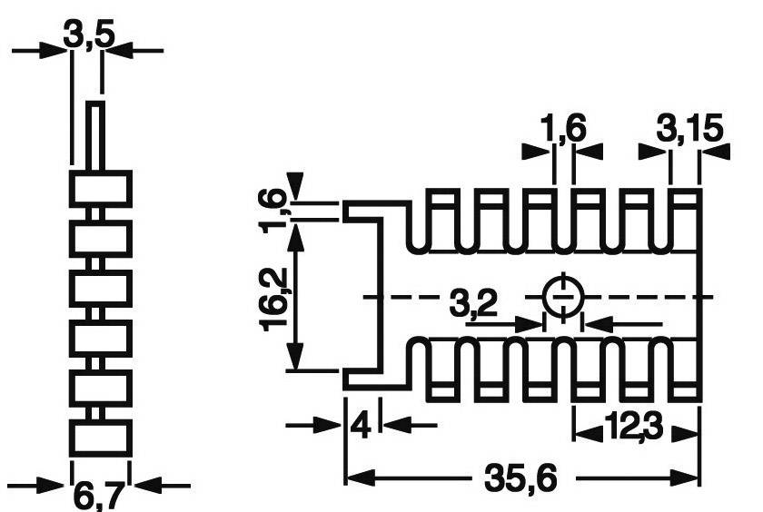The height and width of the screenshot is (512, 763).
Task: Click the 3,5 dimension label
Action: click(x=88, y=38)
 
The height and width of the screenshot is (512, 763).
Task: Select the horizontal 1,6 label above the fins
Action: click(x=565, y=131)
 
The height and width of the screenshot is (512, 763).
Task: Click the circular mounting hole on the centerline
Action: click(x=563, y=297)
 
